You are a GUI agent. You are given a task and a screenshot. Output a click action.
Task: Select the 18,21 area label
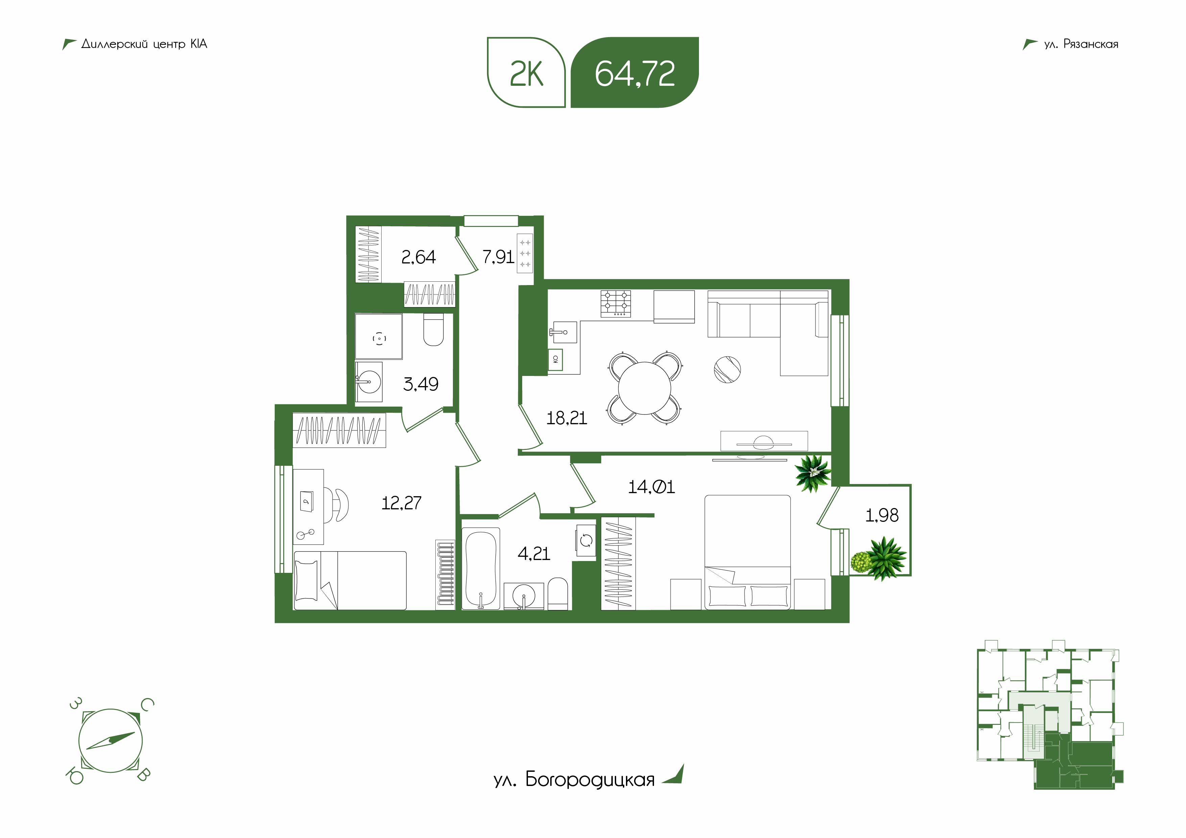click(x=567, y=418)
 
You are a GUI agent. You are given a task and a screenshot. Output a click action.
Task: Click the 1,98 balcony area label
click(x=882, y=515)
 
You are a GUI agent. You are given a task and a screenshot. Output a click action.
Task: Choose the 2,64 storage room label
click(x=418, y=257)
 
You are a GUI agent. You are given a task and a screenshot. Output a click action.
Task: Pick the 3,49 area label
click(x=420, y=384)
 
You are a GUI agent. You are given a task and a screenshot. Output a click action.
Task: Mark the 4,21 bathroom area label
click(x=534, y=554)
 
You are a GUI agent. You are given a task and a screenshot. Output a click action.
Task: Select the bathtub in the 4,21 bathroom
click(x=481, y=568)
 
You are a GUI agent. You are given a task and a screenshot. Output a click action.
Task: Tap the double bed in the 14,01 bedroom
click(x=747, y=552)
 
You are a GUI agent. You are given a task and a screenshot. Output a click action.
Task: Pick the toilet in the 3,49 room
click(x=433, y=330)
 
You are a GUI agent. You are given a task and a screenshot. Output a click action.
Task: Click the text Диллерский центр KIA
click(x=144, y=44)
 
